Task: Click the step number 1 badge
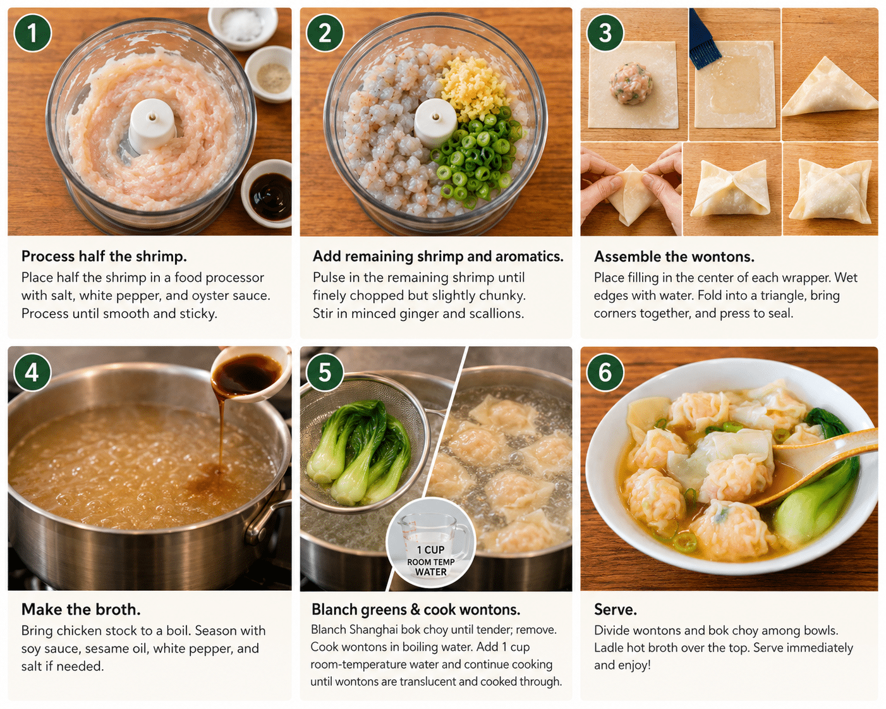point(32,33)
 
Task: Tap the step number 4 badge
point(32,373)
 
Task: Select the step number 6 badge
point(605,372)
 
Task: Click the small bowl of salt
point(243,28)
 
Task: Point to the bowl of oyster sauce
point(267,193)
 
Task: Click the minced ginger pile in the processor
point(473,87)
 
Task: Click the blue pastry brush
point(703,39)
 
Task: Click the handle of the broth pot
point(267,519)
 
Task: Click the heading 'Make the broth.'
point(81,609)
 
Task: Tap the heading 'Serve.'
point(616,609)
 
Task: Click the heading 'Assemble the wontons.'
point(674,257)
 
